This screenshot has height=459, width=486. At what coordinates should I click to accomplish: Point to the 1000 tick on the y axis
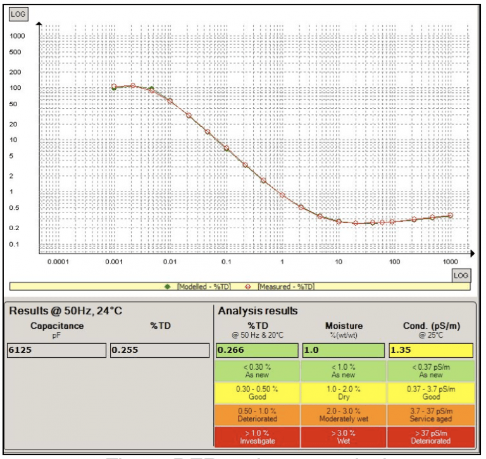click(18, 36)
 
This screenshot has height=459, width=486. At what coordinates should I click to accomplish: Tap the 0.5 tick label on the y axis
click(15, 208)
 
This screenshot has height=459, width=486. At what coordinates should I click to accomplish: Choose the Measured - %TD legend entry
click(281, 286)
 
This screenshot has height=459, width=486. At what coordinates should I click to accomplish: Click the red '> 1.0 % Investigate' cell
click(257, 436)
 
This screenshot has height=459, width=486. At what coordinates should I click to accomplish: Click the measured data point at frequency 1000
click(451, 216)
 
